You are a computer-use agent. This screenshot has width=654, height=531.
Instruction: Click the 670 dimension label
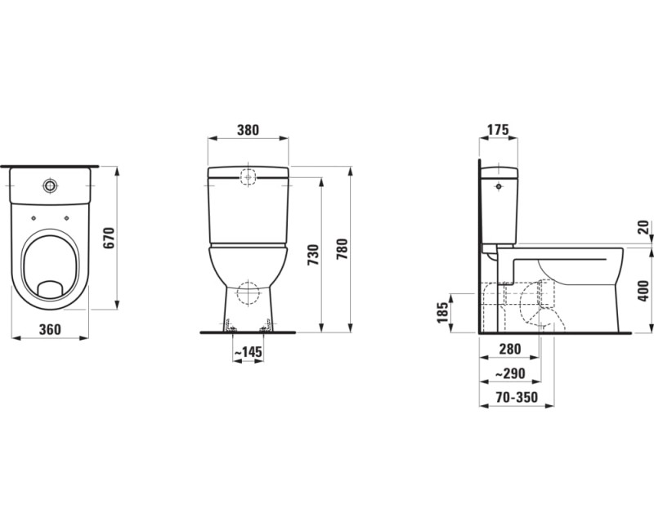(x=109, y=238)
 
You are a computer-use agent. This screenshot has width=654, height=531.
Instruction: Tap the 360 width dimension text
(x=50, y=330)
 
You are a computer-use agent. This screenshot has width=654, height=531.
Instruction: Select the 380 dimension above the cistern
(x=249, y=130)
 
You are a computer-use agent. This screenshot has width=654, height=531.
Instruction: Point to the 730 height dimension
(x=313, y=255)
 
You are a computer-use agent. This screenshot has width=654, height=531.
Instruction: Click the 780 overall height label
(x=342, y=249)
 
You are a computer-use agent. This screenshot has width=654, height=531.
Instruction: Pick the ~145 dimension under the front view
(x=249, y=353)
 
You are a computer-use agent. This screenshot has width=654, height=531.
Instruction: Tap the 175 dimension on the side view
(x=499, y=130)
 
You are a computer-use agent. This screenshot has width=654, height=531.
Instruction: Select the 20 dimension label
(x=643, y=227)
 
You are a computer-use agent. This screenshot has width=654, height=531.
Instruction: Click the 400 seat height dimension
(x=643, y=291)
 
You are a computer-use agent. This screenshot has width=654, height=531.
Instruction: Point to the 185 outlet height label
(x=443, y=313)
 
